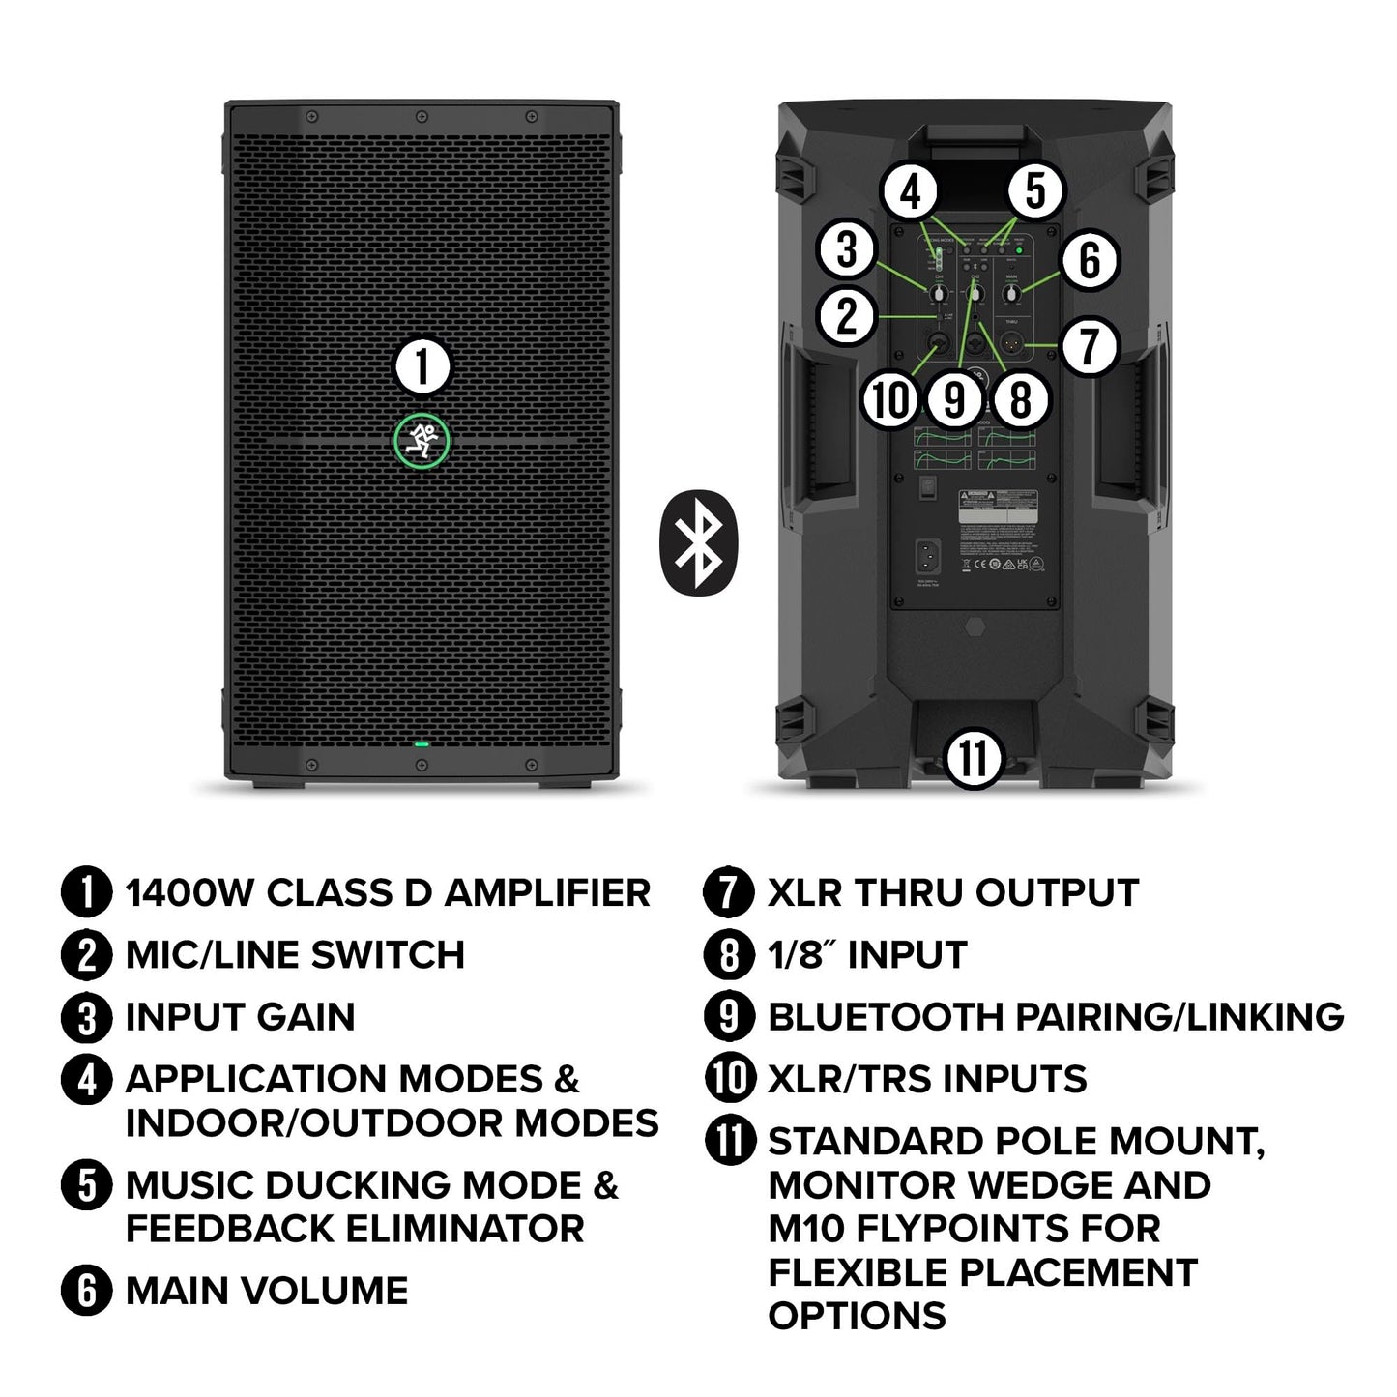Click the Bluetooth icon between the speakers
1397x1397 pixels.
pos(698,543)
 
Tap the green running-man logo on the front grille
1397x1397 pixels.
pos(422,441)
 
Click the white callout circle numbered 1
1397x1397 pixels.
pos(422,367)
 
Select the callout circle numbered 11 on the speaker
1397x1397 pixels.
pos(973,758)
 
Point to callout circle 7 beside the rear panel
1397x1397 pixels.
pos(1090,345)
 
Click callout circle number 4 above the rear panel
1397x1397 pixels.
pos(912,192)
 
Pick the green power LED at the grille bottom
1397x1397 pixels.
pos(421,744)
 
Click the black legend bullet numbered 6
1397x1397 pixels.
pos(87,1291)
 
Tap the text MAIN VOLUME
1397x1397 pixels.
pos(267,1291)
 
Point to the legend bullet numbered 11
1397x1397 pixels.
pos(730,1141)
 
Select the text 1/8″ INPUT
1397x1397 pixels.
pos(866,954)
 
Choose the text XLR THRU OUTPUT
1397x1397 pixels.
pos(952,892)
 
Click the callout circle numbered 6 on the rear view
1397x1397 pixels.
pos(1090,259)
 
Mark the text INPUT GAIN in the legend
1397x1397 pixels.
pos(240,1016)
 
